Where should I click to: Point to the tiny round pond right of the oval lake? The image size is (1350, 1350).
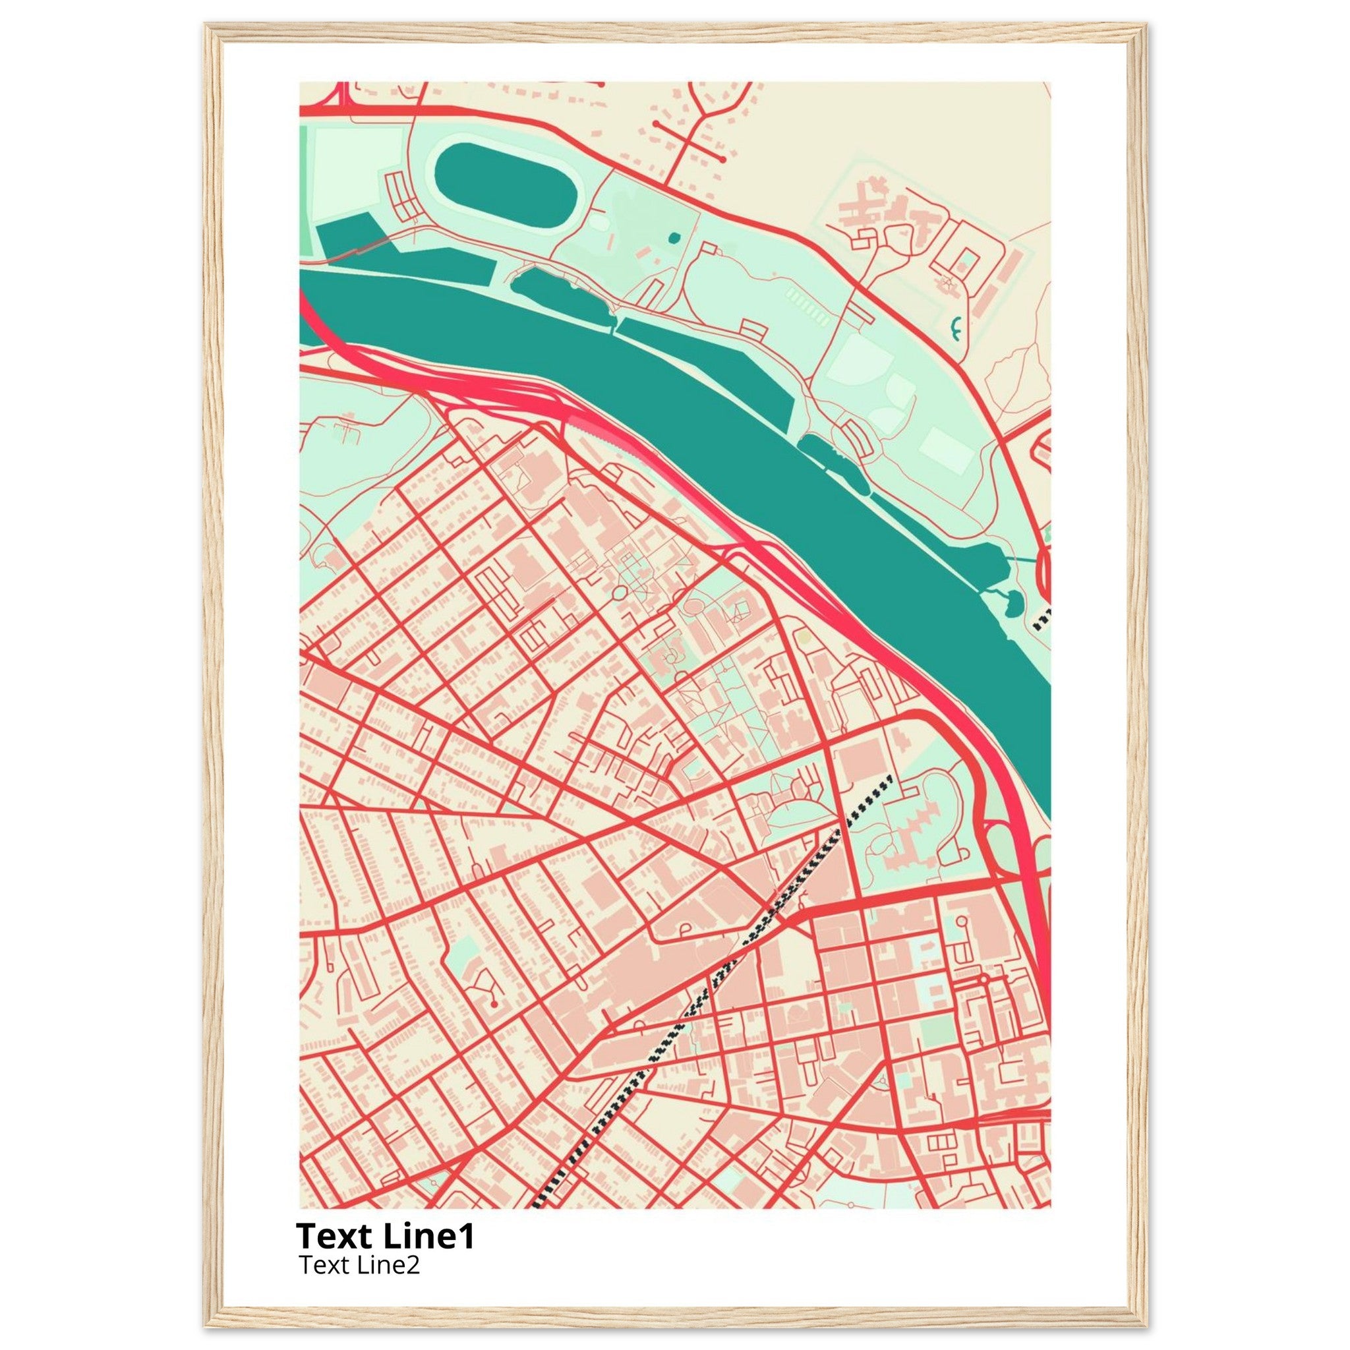tap(673, 237)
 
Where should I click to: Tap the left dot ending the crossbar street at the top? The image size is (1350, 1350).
tap(656, 125)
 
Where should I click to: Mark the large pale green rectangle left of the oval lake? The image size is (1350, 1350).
tap(357, 167)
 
